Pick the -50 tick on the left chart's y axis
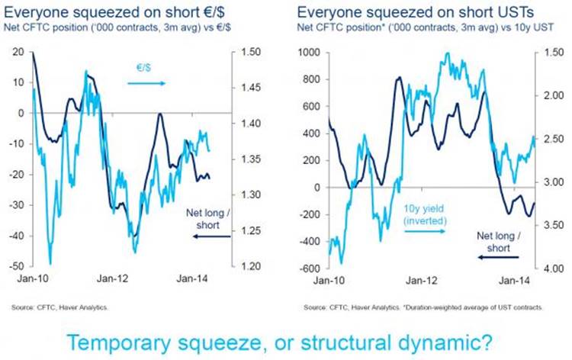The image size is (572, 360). pyautogui.click(x=14, y=266)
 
